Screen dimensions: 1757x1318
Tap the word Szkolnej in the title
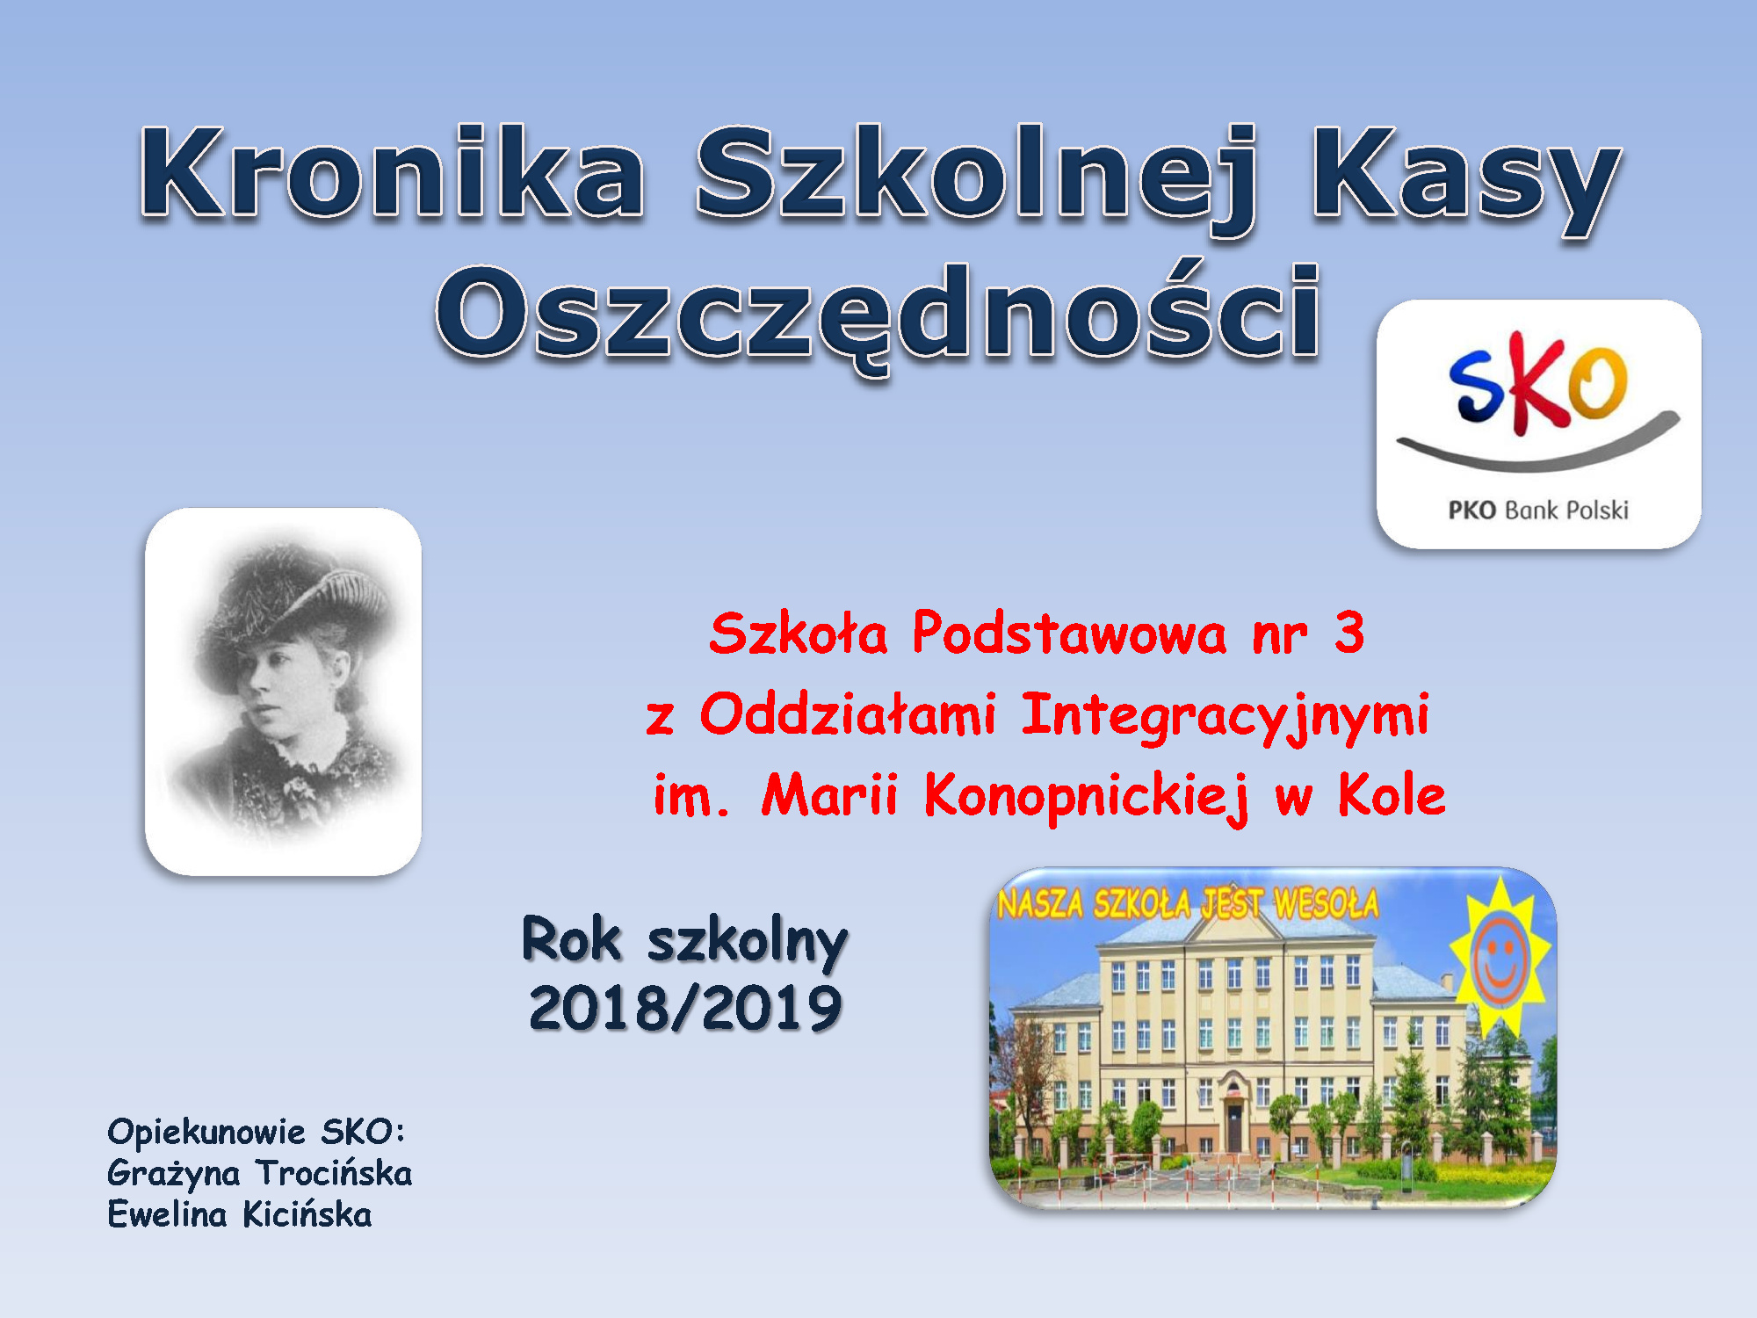(x=976, y=180)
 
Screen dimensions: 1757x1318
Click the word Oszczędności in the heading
(x=878, y=316)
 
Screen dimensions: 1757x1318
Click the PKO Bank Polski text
(x=1538, y=511)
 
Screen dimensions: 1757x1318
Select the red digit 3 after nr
(x=1348, y=633)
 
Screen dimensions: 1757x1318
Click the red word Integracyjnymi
(x=1226, y=716)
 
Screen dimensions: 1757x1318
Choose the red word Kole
(x=1392, y=795)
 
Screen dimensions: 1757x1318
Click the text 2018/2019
(x=685, y=1008)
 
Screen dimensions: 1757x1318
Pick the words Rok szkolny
(x=685, y=940)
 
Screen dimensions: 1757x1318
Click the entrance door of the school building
(x=1234, y=1126)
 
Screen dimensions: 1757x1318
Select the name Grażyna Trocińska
(x=260, y=1174)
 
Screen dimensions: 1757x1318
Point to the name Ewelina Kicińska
(x=240, y=1215)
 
